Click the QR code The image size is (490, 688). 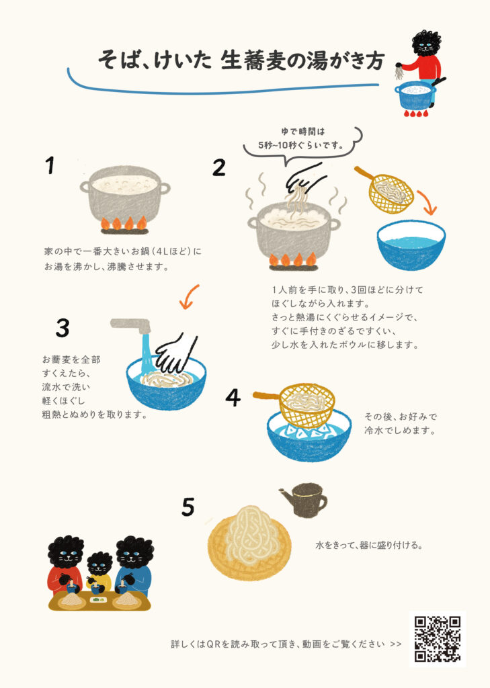click(x=438, y=639)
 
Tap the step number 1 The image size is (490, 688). click(x=50, y=165)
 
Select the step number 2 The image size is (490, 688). click(x=218, y=167)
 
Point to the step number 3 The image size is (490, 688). click(x=63, y=328)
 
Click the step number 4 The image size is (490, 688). click(x=233, y=398)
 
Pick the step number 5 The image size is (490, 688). click(x=188, y=507)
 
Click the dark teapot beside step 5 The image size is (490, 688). click(x=305, y=499)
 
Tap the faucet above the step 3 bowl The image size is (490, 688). click(x=131, y=326)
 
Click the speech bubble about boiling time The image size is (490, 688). click(x=303, y=143)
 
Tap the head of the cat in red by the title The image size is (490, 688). click(x=425, y=43)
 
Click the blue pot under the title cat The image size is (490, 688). click(x=415, y=95)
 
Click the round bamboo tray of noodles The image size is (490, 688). click(x=249, y=544)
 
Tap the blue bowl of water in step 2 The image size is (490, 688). click(x=411, y=245)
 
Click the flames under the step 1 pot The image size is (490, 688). click(x=124, y=223)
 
